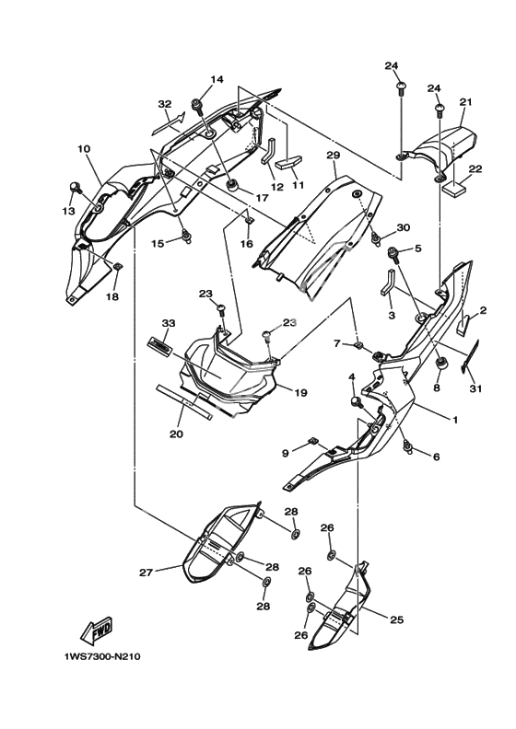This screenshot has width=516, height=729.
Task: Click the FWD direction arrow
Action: [x=96, y=630]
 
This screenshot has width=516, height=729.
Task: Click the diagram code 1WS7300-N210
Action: [x=102, y=657]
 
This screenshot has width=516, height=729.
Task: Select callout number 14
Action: [x=217, y=79]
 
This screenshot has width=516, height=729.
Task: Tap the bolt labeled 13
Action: [x=75, y=187]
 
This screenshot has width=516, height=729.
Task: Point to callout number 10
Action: [x=84, y=149]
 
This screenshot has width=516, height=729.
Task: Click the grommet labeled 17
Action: [x=231, y=186]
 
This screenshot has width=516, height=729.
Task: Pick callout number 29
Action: [x=334, y=155]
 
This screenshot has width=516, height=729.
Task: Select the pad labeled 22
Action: [x=454, y=189]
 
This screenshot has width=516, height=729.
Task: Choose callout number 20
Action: [x=176, y=434]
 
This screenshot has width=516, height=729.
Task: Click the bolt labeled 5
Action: [x=394, y=254]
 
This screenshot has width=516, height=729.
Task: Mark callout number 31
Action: [x=476, y=388]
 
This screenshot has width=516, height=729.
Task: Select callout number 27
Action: [x=147, y=573]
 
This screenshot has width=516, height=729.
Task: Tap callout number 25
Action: [x=396, y=619]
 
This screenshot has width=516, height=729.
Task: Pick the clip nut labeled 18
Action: [x=118, y=266]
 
